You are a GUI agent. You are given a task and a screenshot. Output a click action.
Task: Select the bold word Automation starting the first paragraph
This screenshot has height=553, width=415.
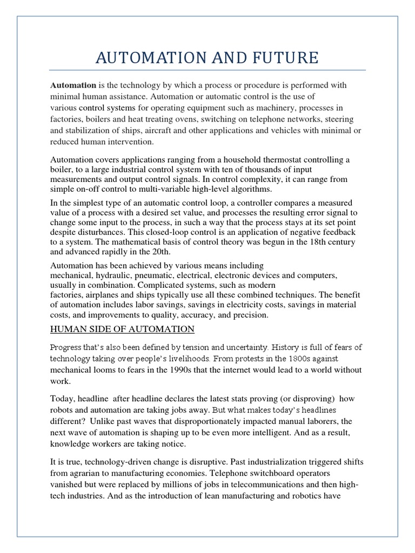click(73, 85)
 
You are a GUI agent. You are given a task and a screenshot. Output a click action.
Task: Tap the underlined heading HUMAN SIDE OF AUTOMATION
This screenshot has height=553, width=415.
click(122, 329)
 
